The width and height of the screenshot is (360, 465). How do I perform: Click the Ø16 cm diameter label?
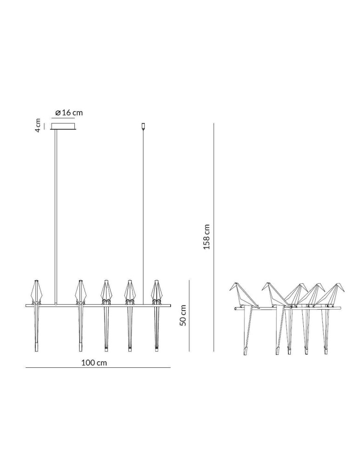68,113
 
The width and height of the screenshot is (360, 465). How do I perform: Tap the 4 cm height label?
38,125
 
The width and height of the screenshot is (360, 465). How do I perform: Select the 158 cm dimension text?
207,237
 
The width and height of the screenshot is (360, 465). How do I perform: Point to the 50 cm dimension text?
183,315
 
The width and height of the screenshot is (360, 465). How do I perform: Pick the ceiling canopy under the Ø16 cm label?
63,126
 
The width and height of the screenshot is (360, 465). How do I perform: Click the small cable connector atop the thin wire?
143,126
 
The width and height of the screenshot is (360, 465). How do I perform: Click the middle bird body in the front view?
106,292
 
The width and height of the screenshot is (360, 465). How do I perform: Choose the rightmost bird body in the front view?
156,292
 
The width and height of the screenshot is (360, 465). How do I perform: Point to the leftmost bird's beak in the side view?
230,289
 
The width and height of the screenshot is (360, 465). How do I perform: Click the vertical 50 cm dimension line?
189,315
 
